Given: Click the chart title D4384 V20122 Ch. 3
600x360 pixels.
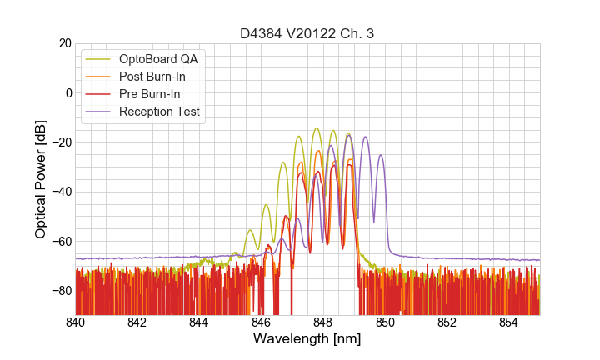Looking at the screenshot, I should [x=307, y=33].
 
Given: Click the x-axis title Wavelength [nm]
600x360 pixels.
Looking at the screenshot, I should [x=307, y=339].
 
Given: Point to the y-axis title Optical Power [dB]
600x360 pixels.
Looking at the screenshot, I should [x=41, y=179].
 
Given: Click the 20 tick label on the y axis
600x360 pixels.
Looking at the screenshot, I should [x=64, y=43].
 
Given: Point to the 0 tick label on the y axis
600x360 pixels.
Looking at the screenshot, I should [x=67, y=92].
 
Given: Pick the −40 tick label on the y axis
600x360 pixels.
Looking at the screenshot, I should [x=61, y=192].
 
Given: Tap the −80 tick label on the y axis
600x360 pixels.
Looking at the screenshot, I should [x=61, y=291].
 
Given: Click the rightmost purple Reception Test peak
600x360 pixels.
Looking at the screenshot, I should [x=381, y=155].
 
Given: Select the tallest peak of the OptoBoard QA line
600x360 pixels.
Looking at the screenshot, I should [x=317, y=128].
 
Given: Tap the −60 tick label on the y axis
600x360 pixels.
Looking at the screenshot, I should [x=61, y=242].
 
